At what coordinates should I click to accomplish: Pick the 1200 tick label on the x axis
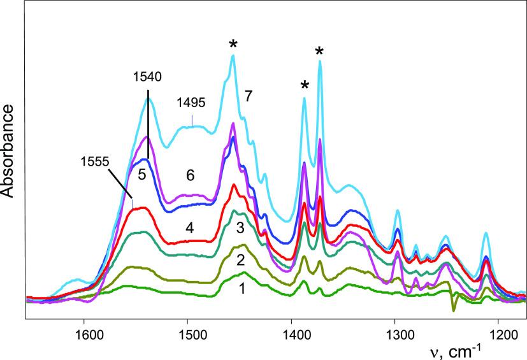(x=499, y=333)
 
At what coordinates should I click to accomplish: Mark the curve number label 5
(x=142, y=173)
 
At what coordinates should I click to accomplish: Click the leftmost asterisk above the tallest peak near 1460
(x=233, y=45)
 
